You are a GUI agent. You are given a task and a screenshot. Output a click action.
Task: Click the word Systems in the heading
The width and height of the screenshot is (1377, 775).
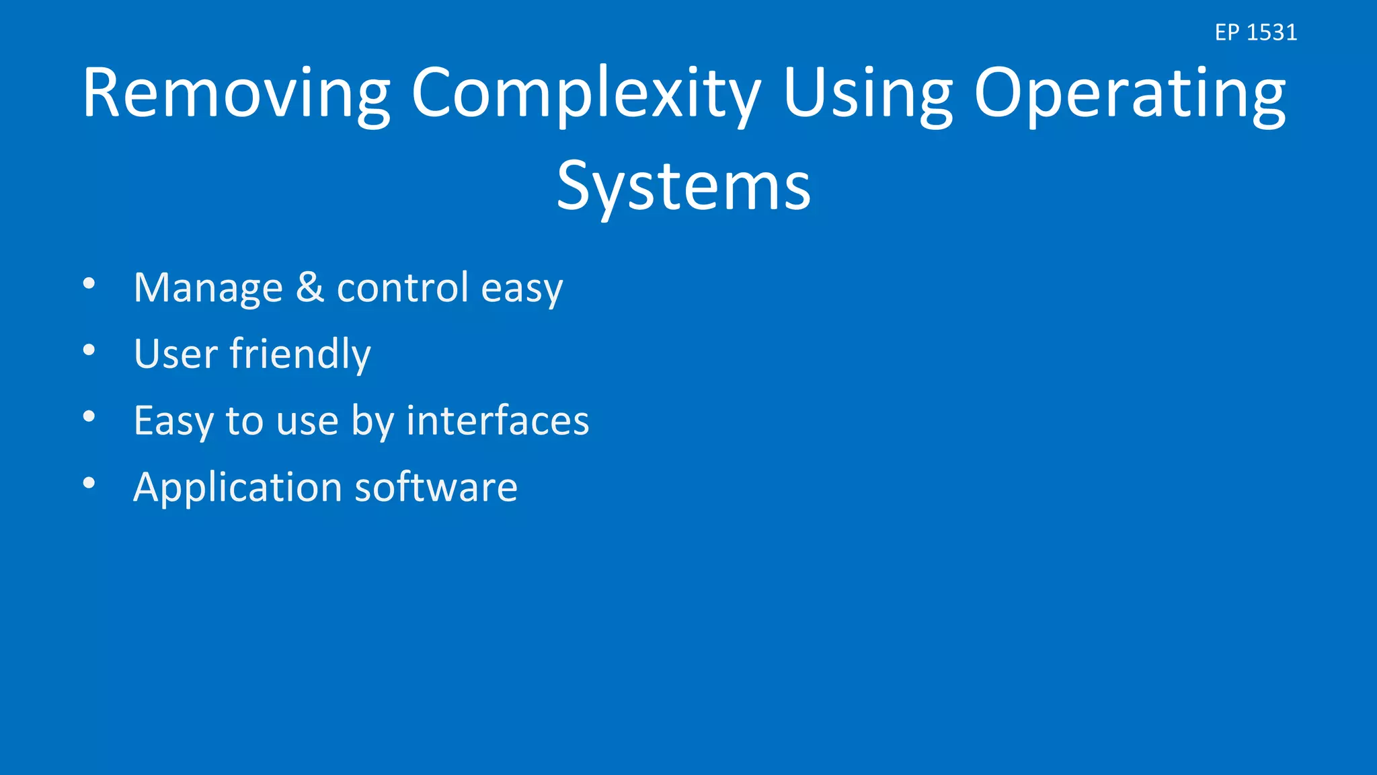coord(684,186)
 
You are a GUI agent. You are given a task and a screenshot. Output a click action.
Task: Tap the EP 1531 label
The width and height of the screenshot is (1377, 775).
coord(1255,32)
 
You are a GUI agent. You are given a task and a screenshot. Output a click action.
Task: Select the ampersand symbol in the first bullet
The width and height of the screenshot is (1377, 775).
coord(310,287)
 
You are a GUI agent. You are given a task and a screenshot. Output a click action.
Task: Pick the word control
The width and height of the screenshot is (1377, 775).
coord(402,287)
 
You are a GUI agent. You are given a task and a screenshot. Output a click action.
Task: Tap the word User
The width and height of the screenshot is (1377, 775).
coord(175,354)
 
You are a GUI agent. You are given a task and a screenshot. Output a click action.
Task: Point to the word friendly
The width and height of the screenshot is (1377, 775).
coord(300,354)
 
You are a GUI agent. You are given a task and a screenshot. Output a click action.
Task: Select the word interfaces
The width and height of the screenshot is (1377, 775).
coord(498,420)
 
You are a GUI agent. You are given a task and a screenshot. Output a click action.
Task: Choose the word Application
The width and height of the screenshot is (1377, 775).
coord(238,488)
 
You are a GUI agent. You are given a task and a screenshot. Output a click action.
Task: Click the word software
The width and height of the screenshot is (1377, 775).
coord(436,487)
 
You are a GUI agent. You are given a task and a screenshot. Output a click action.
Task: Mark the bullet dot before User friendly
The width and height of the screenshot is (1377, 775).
coord(89,350)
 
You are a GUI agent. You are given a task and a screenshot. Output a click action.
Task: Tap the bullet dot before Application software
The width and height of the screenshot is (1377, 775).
coord(89,482)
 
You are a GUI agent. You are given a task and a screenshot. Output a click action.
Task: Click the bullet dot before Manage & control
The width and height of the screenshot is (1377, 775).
coord(89,283)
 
